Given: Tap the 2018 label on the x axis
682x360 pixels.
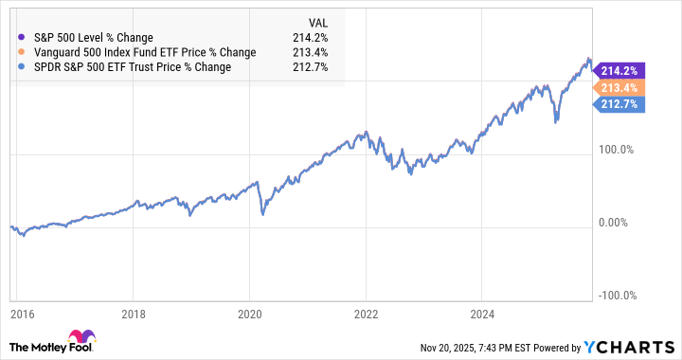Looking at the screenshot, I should click(134, 314).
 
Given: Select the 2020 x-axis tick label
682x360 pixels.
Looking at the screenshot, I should click(249, 314).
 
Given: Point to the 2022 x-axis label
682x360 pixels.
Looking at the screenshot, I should click(366, 314).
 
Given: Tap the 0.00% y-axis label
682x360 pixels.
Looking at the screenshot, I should click(619, 223).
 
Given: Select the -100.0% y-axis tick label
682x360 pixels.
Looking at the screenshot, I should click(617, 295).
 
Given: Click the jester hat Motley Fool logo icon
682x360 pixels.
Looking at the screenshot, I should click(79, 340).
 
